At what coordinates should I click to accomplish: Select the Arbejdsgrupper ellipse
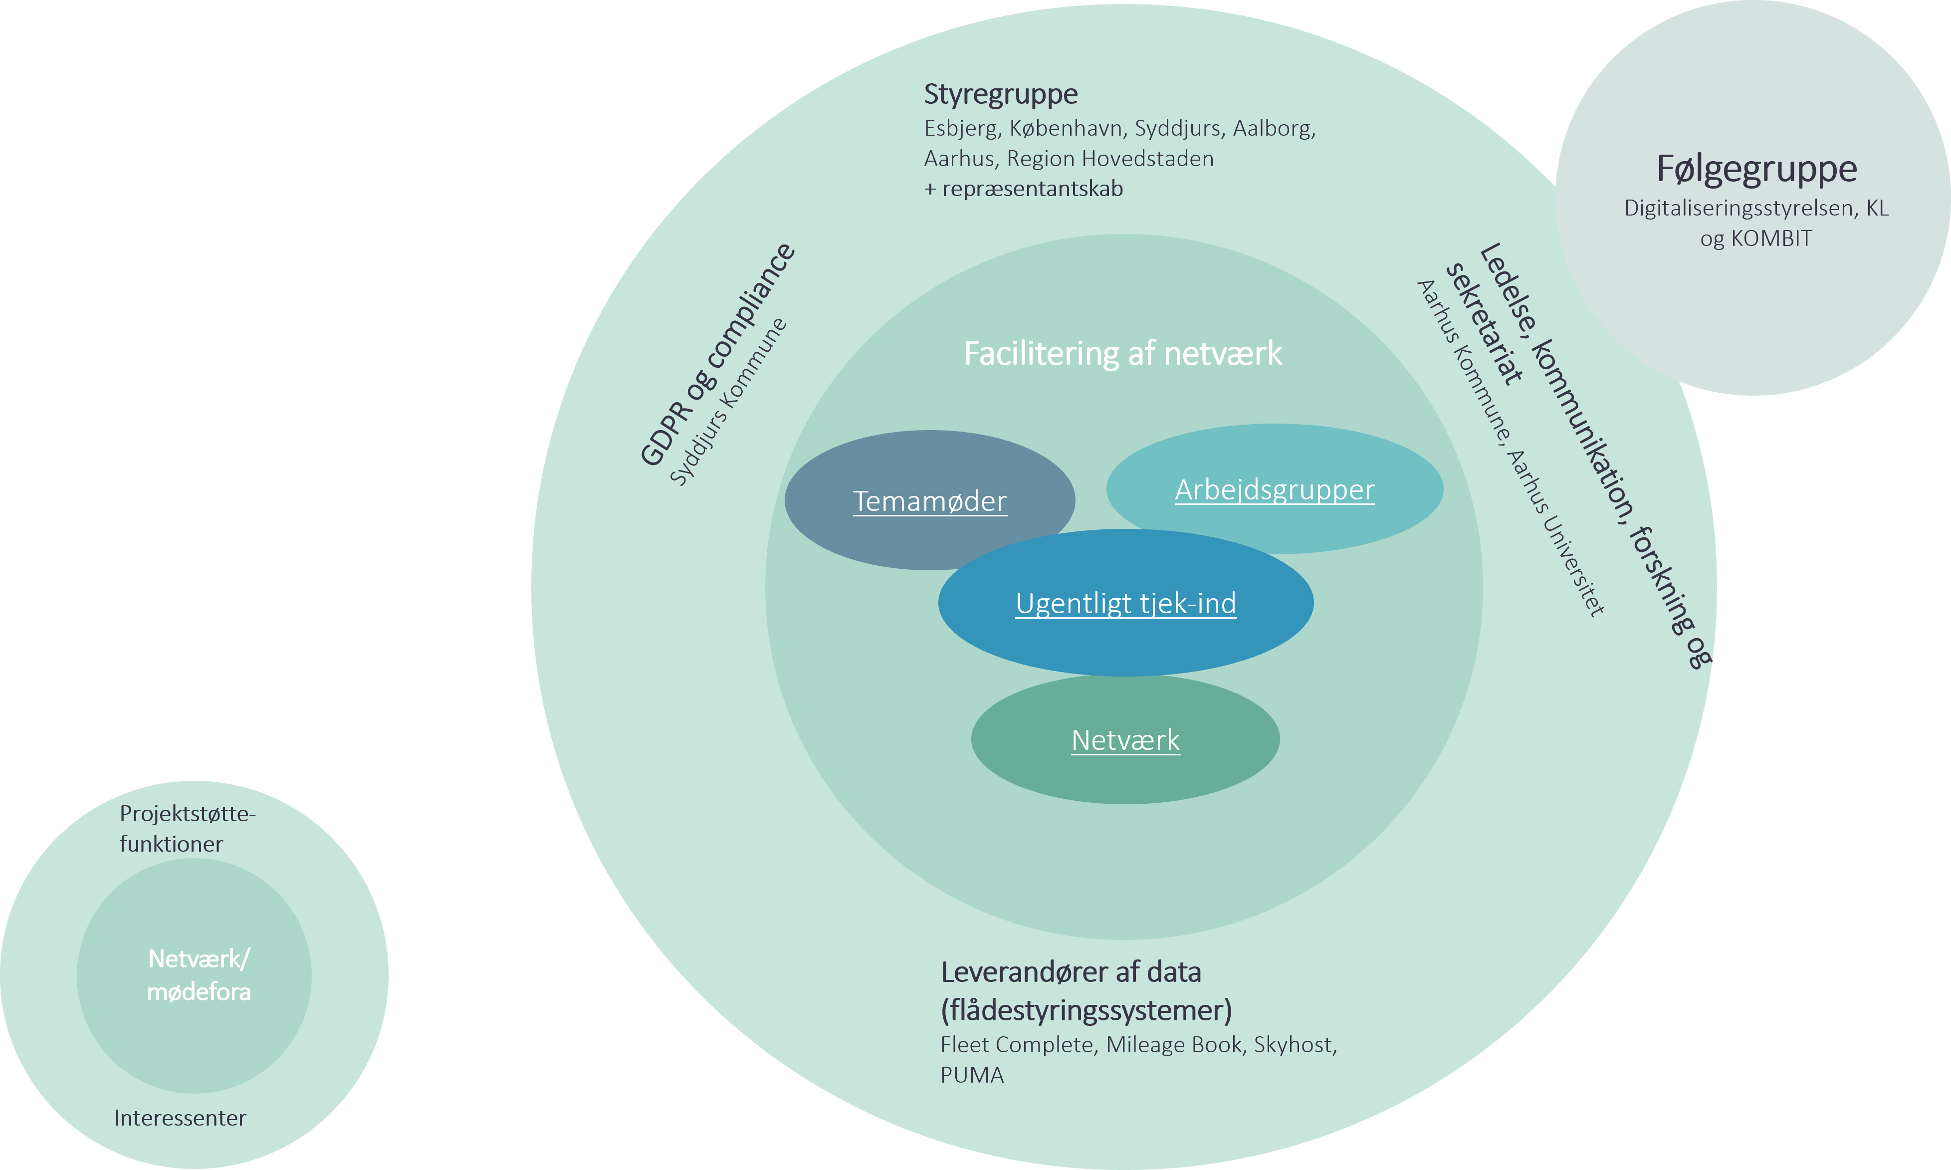coord(1275,489)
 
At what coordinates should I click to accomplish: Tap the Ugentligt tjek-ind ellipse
coord(1126,604)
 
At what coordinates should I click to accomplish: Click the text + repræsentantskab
coord(1023,189)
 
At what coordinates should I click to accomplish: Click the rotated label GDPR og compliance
coord(717,355)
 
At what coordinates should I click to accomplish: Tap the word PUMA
coord(972,1075)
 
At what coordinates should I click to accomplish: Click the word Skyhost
coord(1294,1045)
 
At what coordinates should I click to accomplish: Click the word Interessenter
coord(180,1118)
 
